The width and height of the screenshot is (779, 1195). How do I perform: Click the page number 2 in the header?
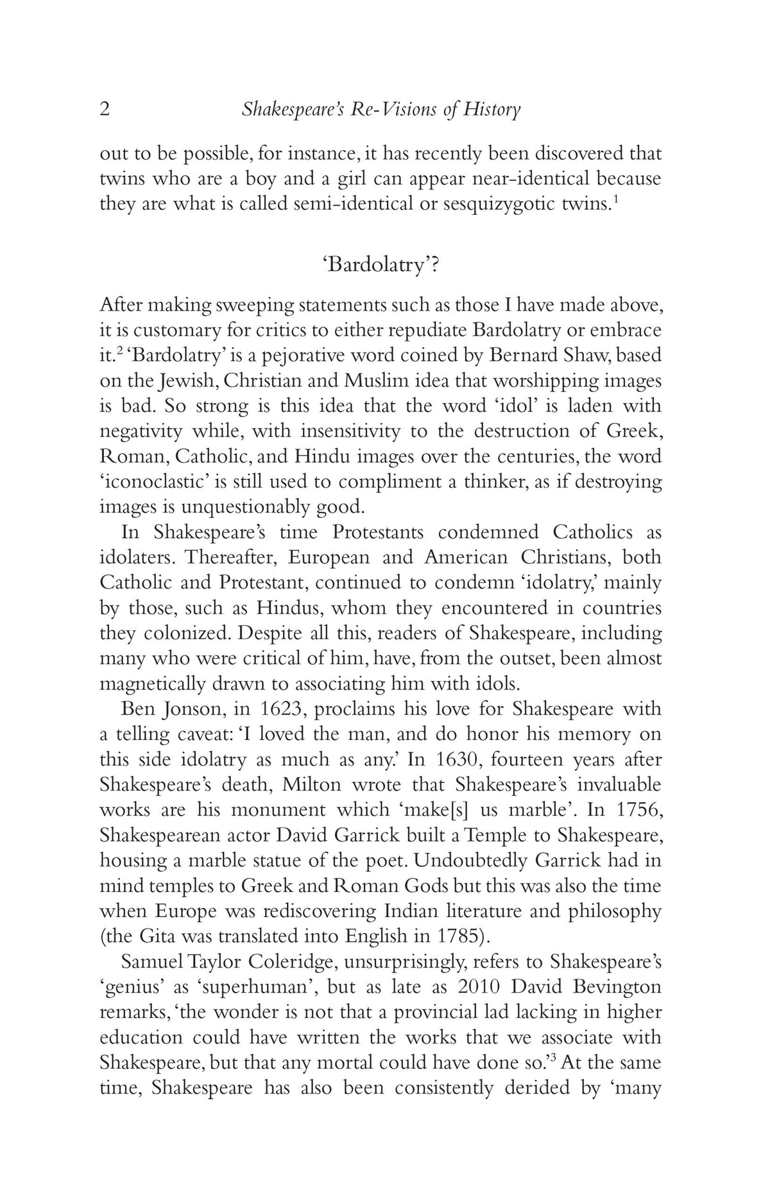(105, 109)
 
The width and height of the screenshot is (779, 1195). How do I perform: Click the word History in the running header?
(492, 110)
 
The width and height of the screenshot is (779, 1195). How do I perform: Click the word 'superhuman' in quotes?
(264, 986)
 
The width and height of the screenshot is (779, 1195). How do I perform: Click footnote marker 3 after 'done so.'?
(554, 1057)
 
